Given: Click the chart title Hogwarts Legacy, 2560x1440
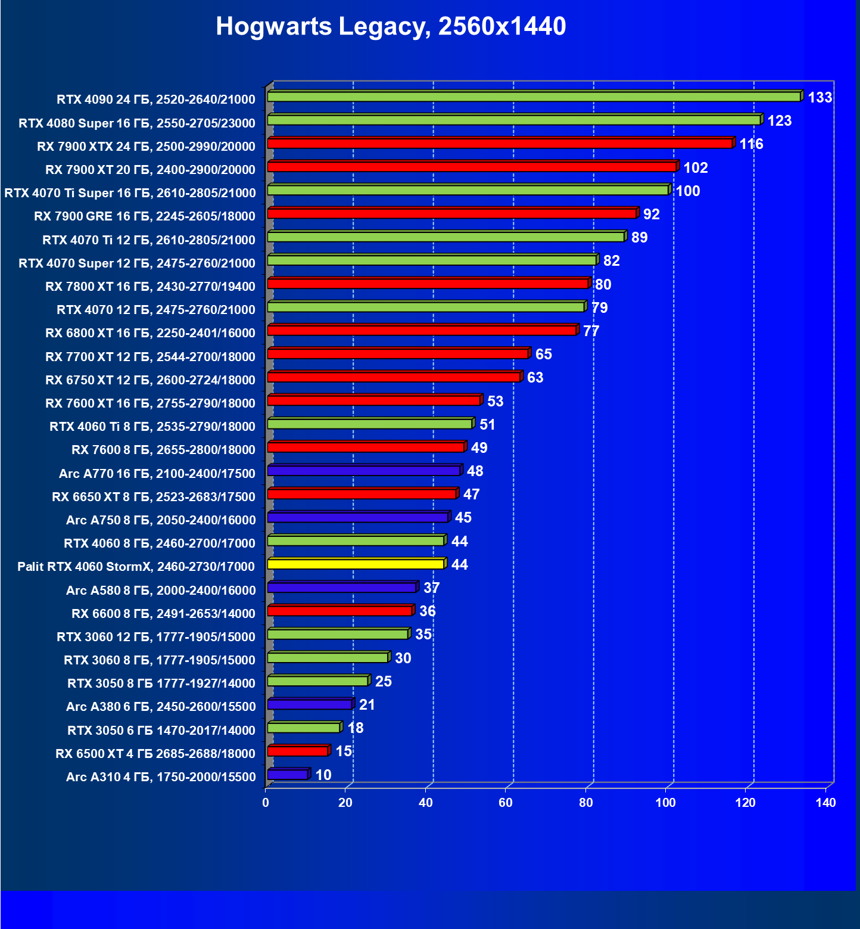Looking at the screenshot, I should tap(391, 26).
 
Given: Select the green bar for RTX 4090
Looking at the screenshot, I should tap(534, 97).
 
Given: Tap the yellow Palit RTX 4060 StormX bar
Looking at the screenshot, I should tap(356, 564).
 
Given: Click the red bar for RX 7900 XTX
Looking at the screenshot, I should tap(500, 144).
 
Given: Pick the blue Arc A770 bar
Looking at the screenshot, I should tap(363, 471).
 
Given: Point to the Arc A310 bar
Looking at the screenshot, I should tap(288, 775).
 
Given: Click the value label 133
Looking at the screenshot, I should tap(820, 97).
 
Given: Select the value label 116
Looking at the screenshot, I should tap(751, 144).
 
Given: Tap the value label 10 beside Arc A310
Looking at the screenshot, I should tap(323, 775).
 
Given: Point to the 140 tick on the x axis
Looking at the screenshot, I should tap(825, 803).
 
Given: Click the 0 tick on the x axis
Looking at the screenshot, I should tap(266, 803).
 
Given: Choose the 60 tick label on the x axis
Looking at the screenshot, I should tap(506, 803).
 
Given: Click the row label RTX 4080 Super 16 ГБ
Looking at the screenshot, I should tap(137, 123).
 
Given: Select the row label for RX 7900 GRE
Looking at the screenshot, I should tap(145, 216).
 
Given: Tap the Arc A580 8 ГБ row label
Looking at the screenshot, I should tap(161, 591).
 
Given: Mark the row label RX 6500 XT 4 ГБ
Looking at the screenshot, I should tap(155, 754).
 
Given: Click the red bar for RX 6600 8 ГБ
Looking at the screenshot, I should tap(339, 611).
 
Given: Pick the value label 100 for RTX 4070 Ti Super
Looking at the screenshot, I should tap(688, 191).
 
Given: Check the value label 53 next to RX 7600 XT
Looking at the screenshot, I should tap(496, 401).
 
